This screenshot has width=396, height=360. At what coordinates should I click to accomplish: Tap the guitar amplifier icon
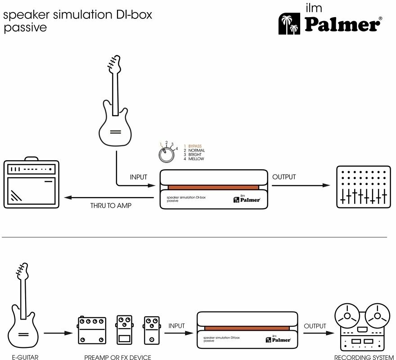pos(31,184)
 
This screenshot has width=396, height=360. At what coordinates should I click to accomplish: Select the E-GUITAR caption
pos(25,357)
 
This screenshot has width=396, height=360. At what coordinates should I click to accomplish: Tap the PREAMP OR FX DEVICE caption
pos(117,357)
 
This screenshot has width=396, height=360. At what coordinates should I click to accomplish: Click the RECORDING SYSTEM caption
pos(364,357)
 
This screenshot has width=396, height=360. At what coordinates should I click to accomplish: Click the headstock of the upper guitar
pos(113,65)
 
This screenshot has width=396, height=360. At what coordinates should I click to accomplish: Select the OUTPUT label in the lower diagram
pos(315,325)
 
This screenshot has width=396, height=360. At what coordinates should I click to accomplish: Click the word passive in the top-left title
pos(25,27)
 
